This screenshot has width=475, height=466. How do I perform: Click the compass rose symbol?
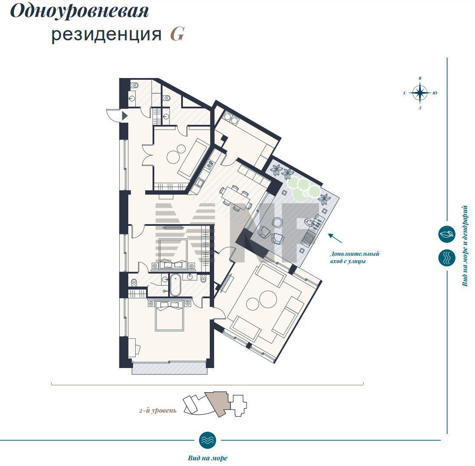[x=420, y=93]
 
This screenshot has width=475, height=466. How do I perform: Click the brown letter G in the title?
[x=177, y=34]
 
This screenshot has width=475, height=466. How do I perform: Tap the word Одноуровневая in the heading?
[x=79, y=12]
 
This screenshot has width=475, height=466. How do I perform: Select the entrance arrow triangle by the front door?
[x=124, y=115]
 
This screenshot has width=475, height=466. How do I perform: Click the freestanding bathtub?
[x=175, y=285]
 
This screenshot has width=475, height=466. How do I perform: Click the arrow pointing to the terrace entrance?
[x=335, y=238]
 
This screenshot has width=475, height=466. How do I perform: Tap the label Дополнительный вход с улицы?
[x=355, y=257]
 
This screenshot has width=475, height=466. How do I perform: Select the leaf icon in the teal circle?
[x=447, y=234]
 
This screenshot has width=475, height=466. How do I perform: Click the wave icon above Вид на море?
[x=208, y=440]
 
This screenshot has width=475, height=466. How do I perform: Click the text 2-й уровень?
[x=157, y=411]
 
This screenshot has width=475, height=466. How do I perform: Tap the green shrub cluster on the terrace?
[x=303, y=189]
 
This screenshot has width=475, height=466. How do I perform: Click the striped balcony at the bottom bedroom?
[x=169, y=368]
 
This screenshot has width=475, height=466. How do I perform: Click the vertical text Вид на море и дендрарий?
[x=465, y=246]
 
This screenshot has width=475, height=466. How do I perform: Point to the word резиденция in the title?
[x=106, y=34]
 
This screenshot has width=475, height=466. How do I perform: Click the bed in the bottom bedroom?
[x=169, y=316]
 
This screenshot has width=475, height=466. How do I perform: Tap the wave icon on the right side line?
[x=447, y=258]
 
